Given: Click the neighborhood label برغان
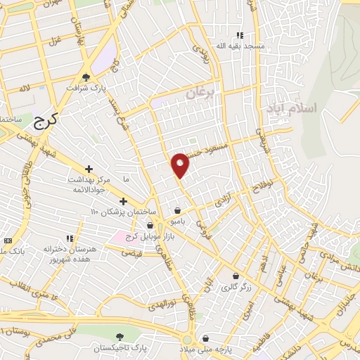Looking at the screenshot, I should tap(205, 93).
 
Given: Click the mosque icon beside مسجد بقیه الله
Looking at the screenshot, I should tap(239, 36).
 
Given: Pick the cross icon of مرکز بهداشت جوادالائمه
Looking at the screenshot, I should tap(89, 169).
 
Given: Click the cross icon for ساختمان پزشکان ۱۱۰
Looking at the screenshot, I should tap(123, 202).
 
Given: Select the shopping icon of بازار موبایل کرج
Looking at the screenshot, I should tap(150, 226).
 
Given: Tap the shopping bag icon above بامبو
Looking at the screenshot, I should tap(177, 210).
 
